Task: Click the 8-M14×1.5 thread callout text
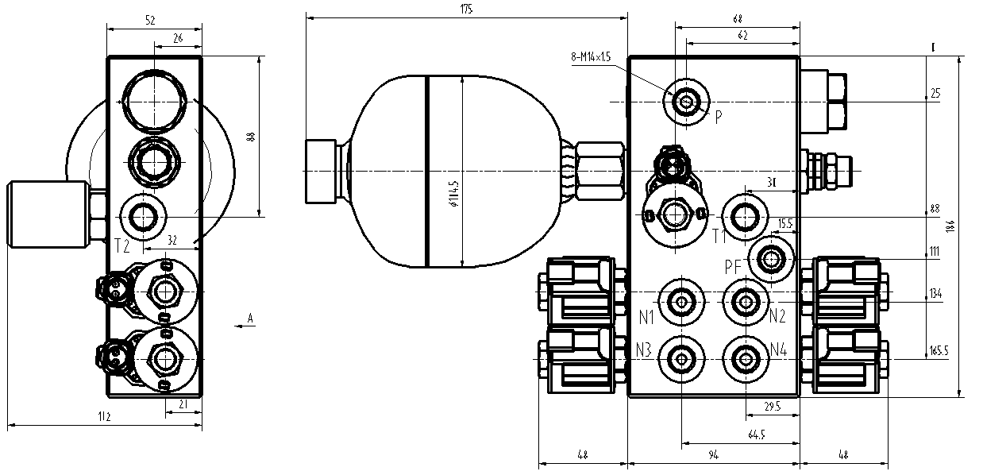590,57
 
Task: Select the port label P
718,117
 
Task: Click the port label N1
646,317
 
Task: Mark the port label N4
778,350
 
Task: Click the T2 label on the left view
121,245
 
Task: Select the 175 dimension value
466,10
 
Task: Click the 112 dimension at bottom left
103,416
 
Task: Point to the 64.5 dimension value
757,434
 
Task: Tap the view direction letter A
250,319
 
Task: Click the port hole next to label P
686,102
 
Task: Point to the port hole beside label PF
770,259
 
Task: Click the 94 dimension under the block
713,454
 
